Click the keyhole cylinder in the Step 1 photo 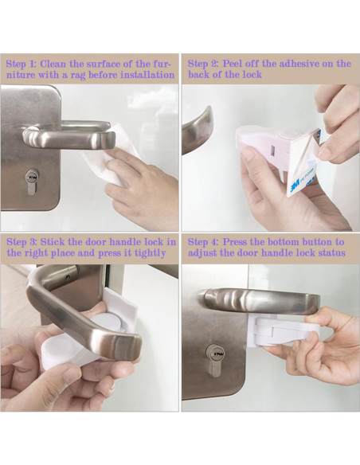tap(32, 182)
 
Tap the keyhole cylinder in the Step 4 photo tap(214, 360)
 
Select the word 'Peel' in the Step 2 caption tap(233, 64)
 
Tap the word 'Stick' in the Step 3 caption tap(53, 242)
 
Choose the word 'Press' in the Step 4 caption tap(235, 242)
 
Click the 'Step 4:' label tap(203, 242)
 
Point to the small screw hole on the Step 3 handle tap(68, 278)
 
